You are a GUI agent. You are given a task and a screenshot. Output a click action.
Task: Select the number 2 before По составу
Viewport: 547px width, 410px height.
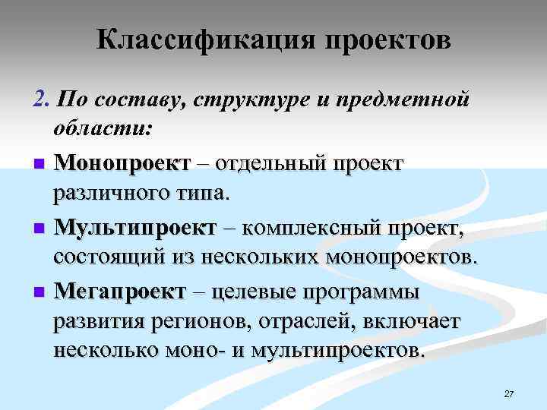[40, 99]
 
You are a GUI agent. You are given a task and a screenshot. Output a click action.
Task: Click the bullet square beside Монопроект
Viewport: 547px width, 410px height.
[40, 164]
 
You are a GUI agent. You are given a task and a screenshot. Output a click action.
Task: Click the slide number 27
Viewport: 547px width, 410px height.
[509, 393]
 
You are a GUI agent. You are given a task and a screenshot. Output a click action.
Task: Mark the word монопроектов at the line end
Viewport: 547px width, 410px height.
[399, 257]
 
